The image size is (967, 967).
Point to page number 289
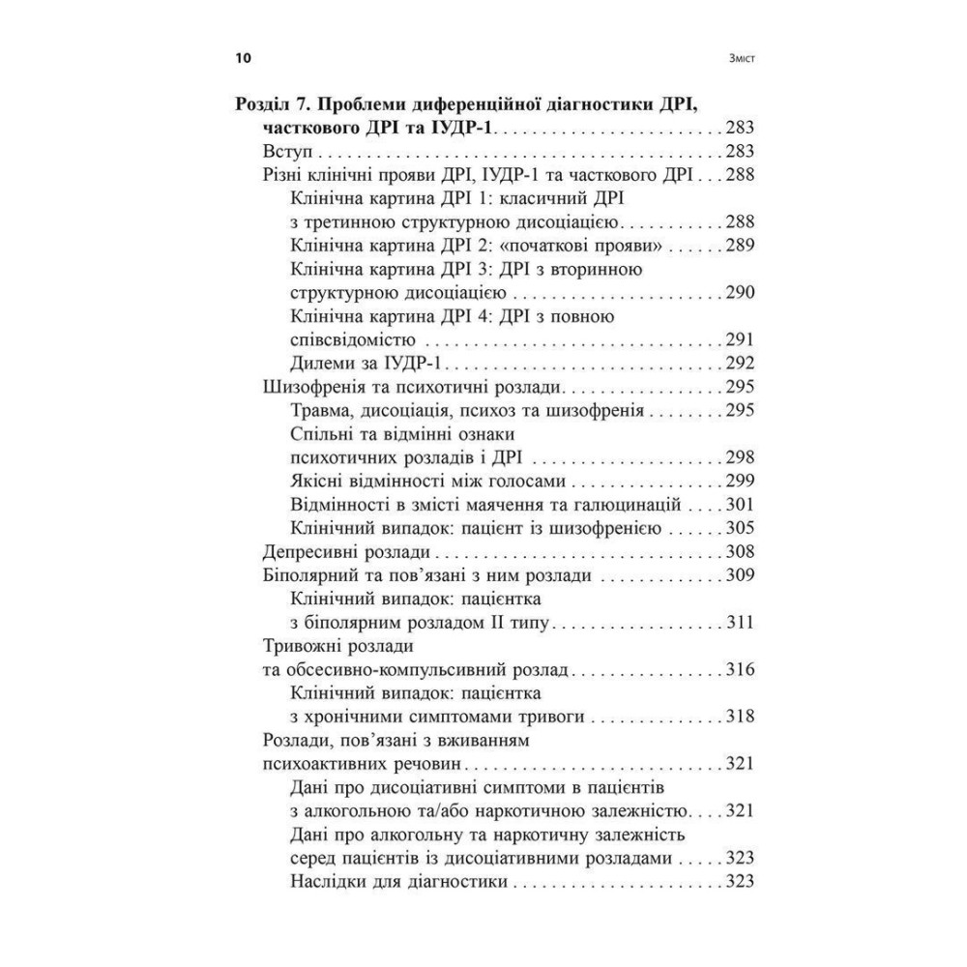tap(738, 246)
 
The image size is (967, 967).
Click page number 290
tap(738, 292)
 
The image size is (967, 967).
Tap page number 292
tap(738, 364)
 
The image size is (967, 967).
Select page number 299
tap(738, 482)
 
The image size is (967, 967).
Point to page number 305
tap(738, 528)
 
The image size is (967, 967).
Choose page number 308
tap(738, 552)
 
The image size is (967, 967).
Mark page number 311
tap(738, 623)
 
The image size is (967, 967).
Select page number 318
tap(738, 717)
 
